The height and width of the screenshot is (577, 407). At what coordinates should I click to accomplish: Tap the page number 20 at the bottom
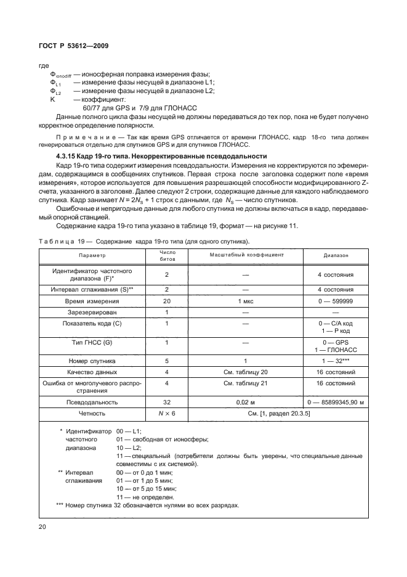click(42, 526)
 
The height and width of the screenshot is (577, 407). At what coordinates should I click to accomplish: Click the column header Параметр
click(92, 255)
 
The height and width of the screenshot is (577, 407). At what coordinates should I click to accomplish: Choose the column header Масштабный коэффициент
click(246, 255)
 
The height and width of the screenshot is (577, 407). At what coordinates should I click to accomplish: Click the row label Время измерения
click(92, 301)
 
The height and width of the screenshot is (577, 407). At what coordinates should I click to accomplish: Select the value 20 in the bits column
click(167, 301)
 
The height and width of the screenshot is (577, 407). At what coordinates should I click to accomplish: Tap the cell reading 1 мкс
click(246, 301)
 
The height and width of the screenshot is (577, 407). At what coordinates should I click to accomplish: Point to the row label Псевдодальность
click(92, 402)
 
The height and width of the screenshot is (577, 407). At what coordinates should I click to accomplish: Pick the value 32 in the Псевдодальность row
click(167, 402)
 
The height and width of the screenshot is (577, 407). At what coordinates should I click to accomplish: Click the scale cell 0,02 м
click(246, 402)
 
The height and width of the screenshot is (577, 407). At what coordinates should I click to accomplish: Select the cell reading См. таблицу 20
click(246, 372)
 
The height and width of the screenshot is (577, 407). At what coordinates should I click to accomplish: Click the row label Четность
click(92, 414)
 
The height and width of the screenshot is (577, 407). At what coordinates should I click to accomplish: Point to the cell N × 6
click(167, 414)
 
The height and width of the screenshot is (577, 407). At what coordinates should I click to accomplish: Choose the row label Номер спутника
click(92, 361)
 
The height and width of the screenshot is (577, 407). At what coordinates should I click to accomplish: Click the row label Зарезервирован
click(92, 313)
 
